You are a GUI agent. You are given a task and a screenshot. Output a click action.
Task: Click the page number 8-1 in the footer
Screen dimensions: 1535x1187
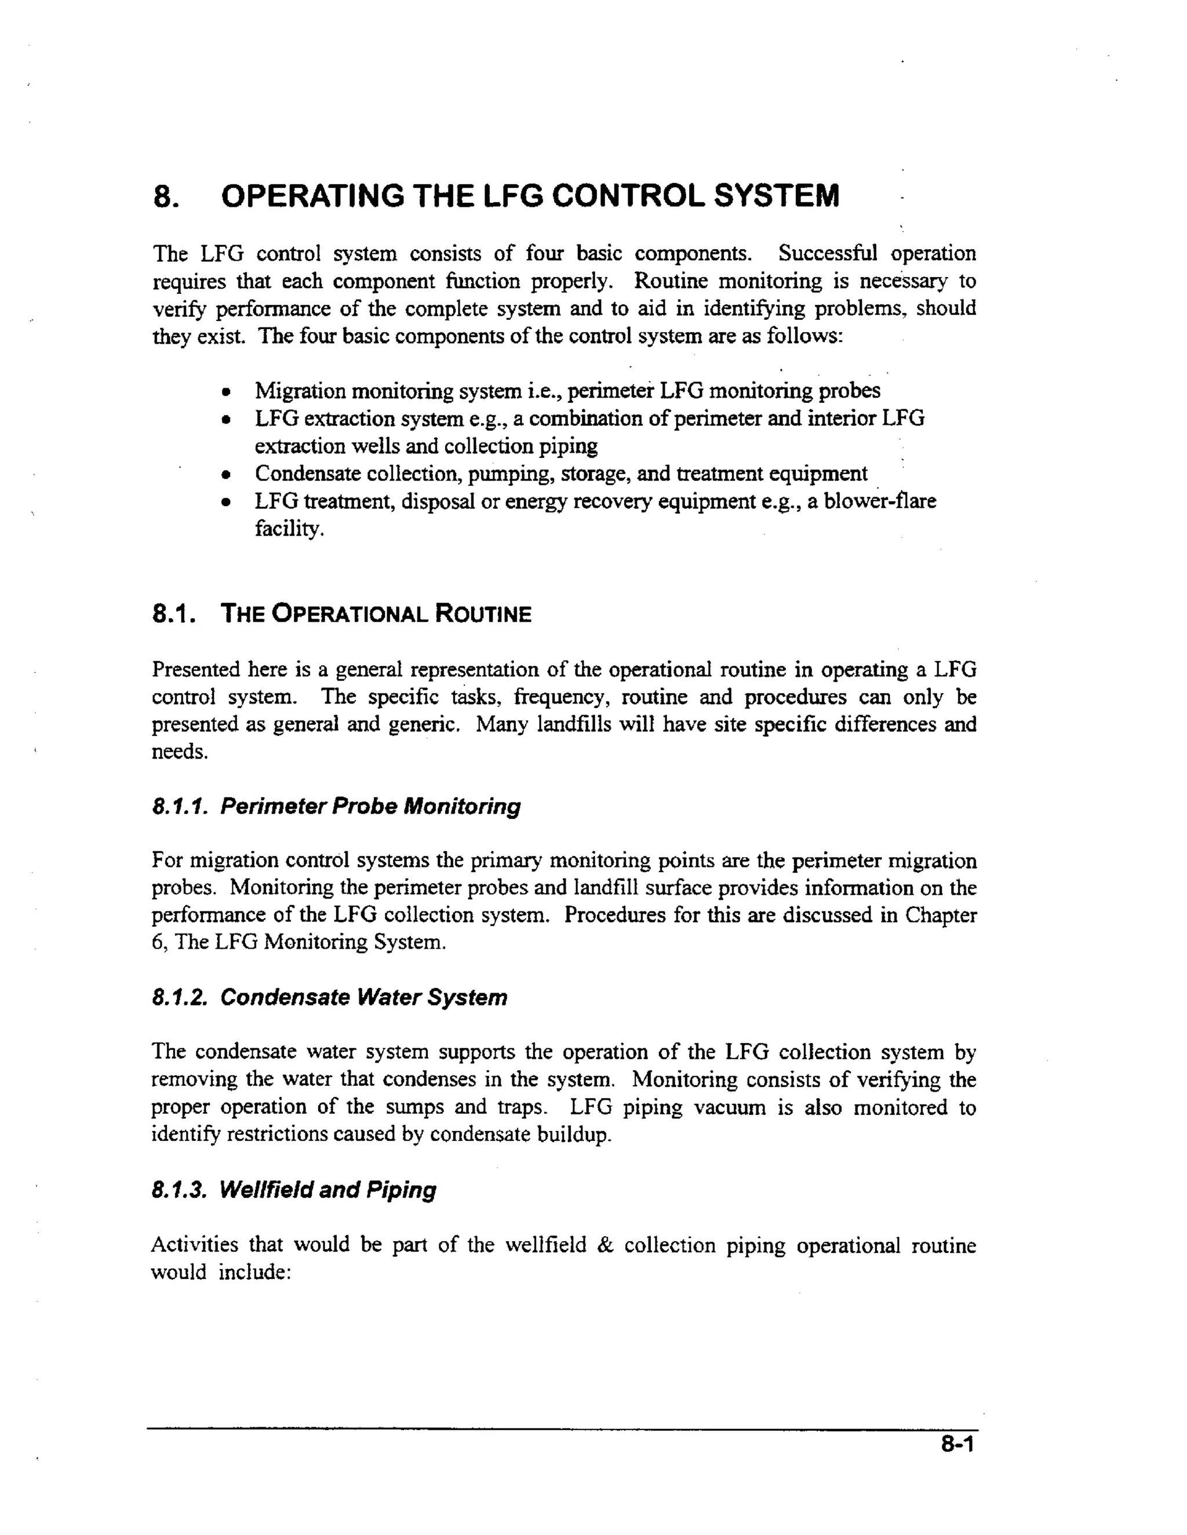[957, 1445]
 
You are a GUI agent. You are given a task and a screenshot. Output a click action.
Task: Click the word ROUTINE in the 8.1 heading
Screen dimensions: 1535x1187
[483, 614]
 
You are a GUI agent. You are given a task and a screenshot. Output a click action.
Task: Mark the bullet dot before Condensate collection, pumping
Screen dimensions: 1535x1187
[225, 475]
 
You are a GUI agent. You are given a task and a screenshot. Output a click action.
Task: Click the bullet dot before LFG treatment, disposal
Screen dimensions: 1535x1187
[225, 502]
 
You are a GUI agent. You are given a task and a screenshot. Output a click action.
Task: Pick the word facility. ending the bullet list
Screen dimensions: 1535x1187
[290, 528]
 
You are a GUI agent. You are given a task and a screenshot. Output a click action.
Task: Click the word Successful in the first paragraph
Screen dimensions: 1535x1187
[828, 253]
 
